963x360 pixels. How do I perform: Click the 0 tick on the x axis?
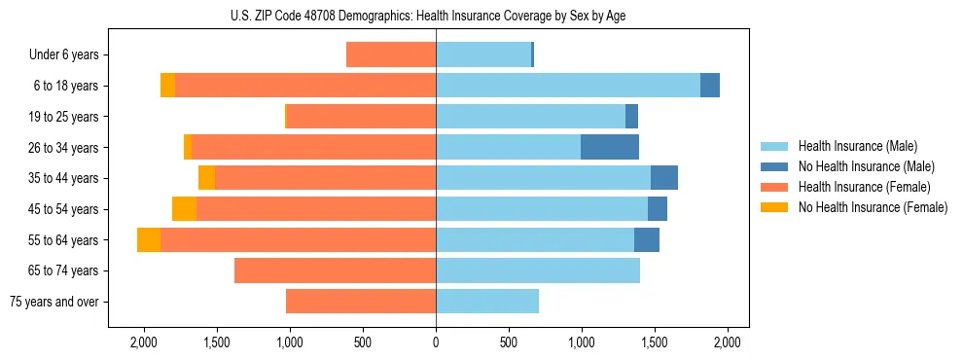tap(436, 342)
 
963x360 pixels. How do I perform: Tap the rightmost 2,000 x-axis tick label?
tap(728, 342)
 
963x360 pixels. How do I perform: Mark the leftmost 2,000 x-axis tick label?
tap(144, 342)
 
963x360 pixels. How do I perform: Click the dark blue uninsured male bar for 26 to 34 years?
tap(610, 147)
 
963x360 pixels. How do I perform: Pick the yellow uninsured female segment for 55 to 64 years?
tap(149, 240)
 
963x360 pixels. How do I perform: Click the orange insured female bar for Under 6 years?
tap(391, 55)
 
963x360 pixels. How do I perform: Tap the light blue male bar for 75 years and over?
tap(487, 302)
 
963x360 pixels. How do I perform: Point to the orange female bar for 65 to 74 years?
tap(336, 270)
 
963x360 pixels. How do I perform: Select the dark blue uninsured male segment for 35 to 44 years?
tap(664, 178)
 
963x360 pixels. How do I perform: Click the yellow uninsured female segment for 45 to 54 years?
tap(184, 209)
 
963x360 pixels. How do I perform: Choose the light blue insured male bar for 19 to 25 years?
tap(530, 117)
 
